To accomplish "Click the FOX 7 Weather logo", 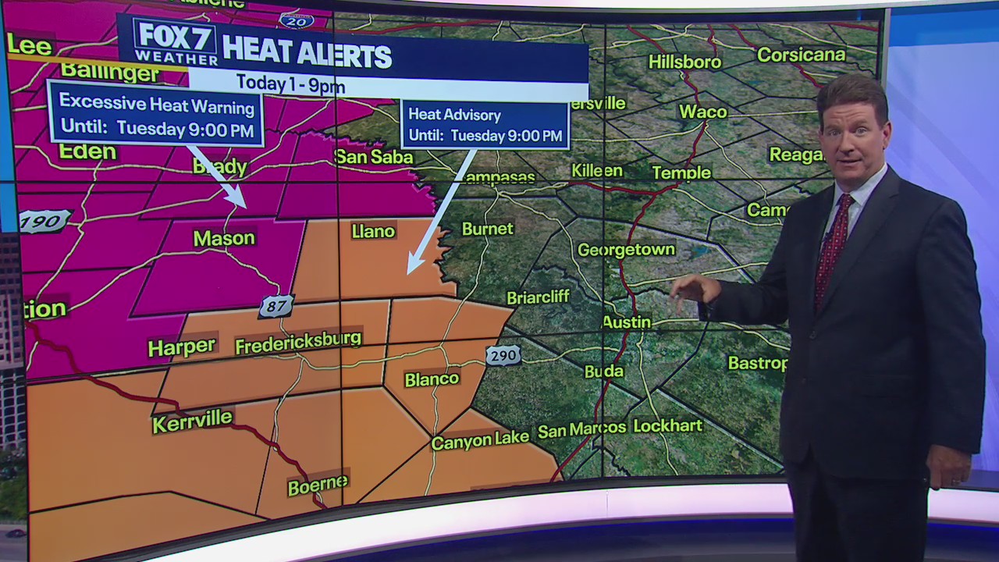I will tap(176, 42).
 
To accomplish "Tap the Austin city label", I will tap(627, 322).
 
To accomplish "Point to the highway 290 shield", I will tap(503, 355).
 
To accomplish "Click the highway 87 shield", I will tap(276, 307).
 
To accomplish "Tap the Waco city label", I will tap(702, 112).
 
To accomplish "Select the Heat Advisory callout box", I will tap(485, 125).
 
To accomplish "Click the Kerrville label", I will tap(192, 421).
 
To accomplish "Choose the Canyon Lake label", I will tap(480, 440).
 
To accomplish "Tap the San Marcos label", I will tap(582, 429).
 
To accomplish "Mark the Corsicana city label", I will tap(802, 55).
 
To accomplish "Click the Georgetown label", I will tap(627, 250).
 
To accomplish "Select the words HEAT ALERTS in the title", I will tap(307, 56).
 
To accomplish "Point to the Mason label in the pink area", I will tap(224, 238).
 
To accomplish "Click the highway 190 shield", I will tap(44, 222).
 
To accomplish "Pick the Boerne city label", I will tap(318, 485).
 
